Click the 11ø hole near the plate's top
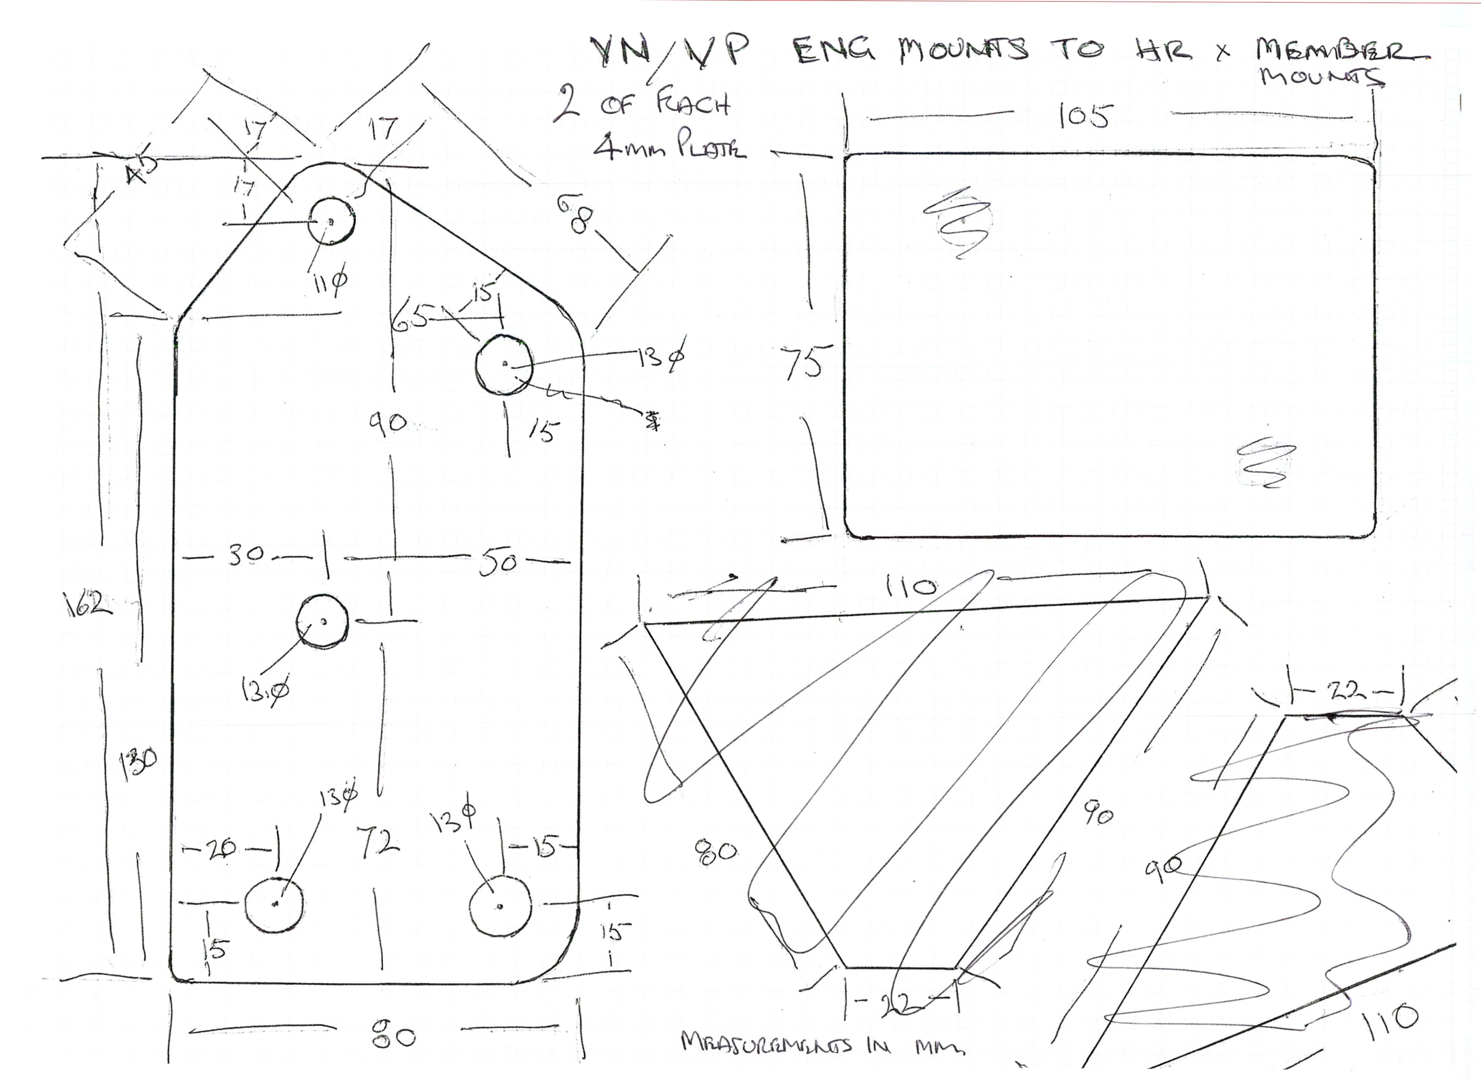tap(331, 221)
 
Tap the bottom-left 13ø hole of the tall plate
tap(274, 904)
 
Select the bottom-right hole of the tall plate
tap(500, 906)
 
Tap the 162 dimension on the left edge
tap(88, 603)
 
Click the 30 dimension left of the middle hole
tap(245, 555)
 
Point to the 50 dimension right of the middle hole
tap(498, 564)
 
